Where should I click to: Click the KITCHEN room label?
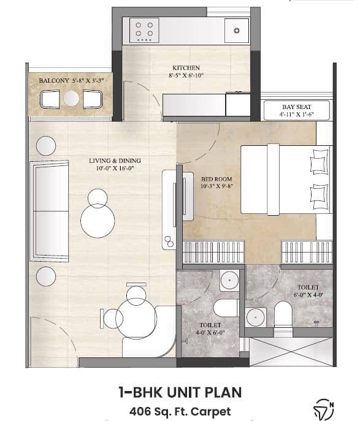(x=186, y=68)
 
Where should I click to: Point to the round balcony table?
(x=71, y=99)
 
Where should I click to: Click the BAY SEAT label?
(x=296, y=107)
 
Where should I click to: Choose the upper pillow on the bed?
(x=319, y=164)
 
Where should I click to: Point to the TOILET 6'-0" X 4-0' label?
(x=307, y=290)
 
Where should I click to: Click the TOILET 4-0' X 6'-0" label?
(x=209, y=328)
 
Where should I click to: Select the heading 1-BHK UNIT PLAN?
(x=180, y=392)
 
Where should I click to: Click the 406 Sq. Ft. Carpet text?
(x=180, y=412)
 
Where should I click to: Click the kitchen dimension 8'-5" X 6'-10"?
(x=186, y=75)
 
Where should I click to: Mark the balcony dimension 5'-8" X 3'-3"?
(x=94, y=80)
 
